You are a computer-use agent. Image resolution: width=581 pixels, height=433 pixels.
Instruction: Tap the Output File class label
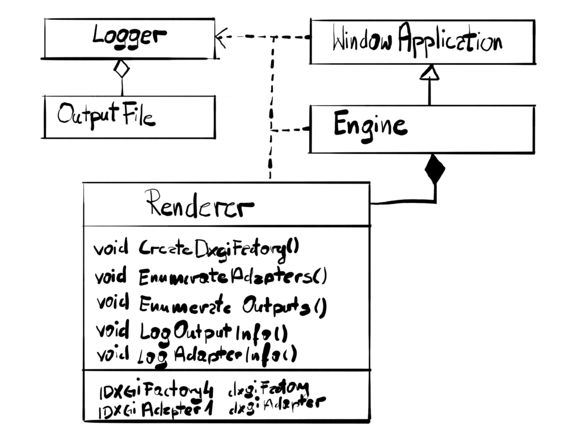(x=106, y=115)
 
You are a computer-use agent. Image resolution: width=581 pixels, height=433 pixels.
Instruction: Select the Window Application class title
(x=417, y=41)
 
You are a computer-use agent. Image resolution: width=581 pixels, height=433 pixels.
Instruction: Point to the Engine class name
(x=370, y=125)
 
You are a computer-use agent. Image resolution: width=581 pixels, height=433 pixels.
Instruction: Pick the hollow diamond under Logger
(x=121, y=69)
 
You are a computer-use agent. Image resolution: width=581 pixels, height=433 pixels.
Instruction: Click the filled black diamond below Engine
(x=435, y=169)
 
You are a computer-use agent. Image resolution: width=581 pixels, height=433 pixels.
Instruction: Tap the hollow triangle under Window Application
(x=430, y=72)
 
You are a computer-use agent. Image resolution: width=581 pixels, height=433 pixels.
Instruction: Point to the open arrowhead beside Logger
(x=221, y=38)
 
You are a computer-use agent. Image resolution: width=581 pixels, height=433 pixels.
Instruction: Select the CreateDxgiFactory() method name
(x=219, y=248)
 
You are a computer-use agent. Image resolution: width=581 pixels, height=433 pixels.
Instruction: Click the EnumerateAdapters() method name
(x=233, y=277)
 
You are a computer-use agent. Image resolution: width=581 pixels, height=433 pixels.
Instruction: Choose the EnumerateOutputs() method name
(x=233, y=306)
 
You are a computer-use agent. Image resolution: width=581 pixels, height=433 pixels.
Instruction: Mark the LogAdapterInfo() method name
(x=218, y=355)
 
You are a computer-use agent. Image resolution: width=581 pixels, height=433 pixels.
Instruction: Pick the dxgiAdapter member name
(x=276, y=405)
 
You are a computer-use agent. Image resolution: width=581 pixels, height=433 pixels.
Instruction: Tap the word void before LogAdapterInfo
(x=113, y=355)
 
